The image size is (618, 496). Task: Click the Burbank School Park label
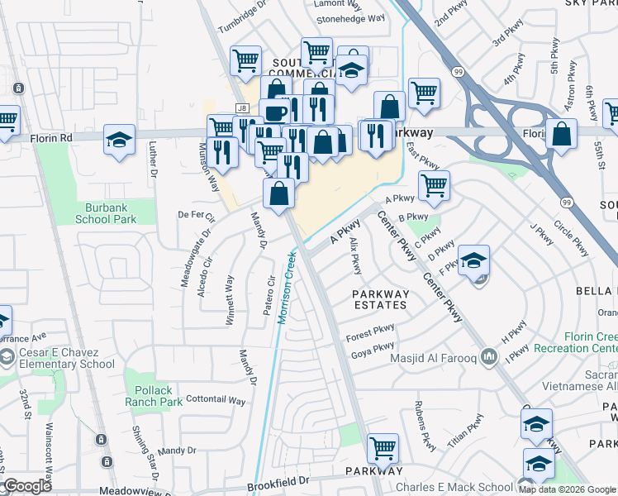(106, 213)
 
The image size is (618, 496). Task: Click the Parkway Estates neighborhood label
(380, 298)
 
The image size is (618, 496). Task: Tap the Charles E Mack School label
(454, 487)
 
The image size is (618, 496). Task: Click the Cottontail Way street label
(216, 401)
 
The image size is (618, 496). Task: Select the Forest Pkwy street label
(370, 332)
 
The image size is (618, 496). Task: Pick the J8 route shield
(241, 107)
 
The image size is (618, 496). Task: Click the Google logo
(26, 486)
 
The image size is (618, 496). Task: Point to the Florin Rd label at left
(55, 138)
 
